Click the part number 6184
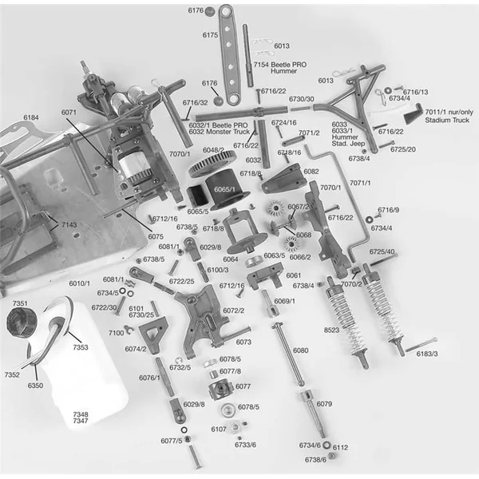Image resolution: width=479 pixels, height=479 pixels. (x=30, y=117)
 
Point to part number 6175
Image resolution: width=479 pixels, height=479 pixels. (x=211, y=35)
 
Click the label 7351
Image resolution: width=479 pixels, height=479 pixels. (x=21, y=304)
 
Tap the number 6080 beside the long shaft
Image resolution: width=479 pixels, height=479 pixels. (x=300, y=350)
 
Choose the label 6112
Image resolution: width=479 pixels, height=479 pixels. (x=340, y=447)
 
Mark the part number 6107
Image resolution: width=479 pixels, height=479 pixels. (x=219, y=430)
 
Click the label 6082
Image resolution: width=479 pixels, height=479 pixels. (x=311, y=172)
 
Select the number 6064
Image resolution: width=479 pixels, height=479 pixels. (x=231, y=259)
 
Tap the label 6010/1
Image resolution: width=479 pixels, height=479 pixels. (x=80, y=283)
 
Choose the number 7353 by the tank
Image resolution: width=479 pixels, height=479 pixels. (x=81, y=348)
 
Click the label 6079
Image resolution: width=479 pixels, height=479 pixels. (x=323, y=405)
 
